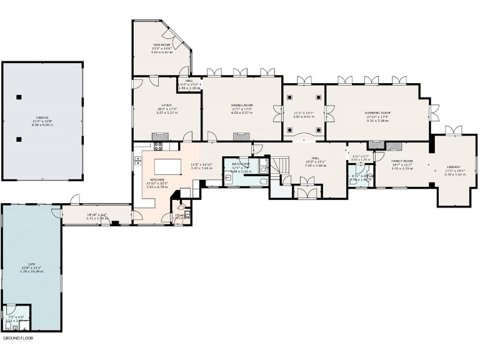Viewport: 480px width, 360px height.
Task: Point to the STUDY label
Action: pos(166,106)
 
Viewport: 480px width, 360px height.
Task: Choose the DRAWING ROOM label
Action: pos(377,113)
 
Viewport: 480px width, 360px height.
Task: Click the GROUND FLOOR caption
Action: pos(18,338)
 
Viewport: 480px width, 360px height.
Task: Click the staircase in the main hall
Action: pos(283,166)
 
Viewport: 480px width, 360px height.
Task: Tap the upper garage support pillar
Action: pos(19,96)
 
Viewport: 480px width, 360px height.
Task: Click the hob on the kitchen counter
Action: pos(157,147)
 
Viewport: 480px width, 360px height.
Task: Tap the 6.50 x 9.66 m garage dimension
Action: pos(42,125)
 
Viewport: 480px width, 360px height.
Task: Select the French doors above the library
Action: pos(451,130)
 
